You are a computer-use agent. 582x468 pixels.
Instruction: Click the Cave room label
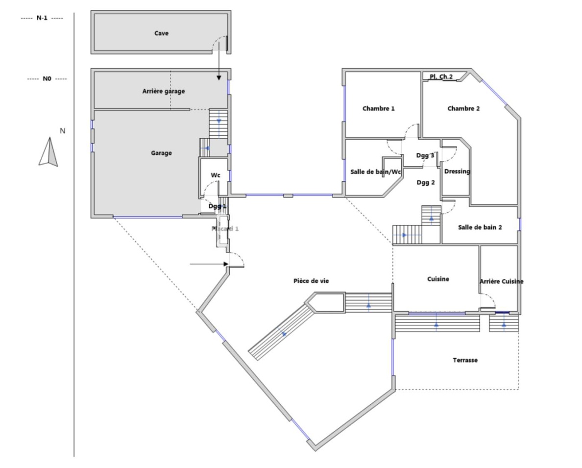click(x=161, y=33)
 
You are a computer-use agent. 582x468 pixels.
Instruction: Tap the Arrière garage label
click(x=164, y=91)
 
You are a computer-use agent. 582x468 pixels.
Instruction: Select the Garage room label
click(x=161, y=153)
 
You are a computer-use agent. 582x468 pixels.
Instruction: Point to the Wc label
click(x=215, y=175)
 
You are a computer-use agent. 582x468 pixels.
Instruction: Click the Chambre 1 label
click(x=379, y=109)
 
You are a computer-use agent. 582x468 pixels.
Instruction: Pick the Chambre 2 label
click(x=463, y=109)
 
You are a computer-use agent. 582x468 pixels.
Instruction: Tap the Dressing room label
click(x=457, y=172)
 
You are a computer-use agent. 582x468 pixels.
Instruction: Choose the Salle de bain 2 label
click(x=480, y=227)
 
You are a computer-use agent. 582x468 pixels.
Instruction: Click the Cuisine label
click(x=438, y=279)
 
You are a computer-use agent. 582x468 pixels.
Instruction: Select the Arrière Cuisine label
click(x=501, y=281)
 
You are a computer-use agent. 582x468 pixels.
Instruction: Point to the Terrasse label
click(x=465, y=360)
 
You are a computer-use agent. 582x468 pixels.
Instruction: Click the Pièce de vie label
click(x=311, y=281)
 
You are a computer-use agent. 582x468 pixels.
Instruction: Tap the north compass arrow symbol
click(x=48, y=152)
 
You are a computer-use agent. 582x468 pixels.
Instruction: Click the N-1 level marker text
click(x=42, y=18)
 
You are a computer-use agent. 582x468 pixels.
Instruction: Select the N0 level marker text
click(x=47, y=78)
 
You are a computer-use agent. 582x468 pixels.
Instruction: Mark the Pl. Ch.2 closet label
click(x=441, y=76)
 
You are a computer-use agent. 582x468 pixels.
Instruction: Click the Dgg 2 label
click(x=426, y=182)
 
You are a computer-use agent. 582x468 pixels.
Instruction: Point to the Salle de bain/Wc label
click(x=376, y=172)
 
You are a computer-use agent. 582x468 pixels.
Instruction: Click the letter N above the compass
click(x=62, y=131)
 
